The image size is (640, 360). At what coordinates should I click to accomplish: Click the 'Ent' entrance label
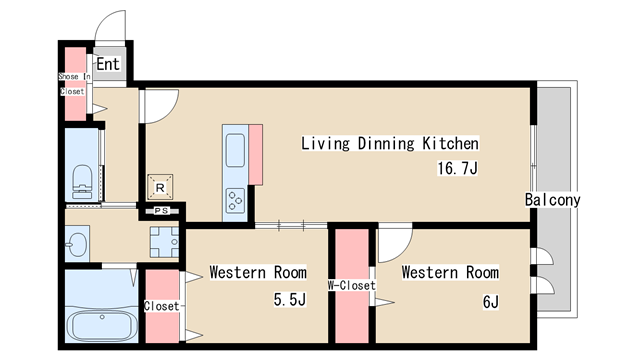(108, 64)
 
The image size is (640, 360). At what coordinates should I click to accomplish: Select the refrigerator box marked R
(160, 187)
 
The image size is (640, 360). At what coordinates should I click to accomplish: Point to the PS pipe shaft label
(162, 211)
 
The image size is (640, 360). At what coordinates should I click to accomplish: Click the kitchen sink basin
(236, 150)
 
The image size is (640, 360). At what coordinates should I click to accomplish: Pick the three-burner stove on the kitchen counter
(236, 200)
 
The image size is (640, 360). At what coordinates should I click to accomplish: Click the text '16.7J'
(458, 168)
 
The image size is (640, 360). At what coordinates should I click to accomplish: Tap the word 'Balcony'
(552, 200)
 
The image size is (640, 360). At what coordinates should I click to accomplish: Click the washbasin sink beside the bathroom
(77, 244)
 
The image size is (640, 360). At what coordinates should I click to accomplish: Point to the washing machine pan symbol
(164, 242)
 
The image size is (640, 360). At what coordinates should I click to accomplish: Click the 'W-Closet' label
(351, 285)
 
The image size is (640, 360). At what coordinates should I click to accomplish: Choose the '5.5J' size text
(290, 300)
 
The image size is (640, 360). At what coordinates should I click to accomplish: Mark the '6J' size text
(491, 302)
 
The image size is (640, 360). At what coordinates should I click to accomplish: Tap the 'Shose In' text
(74, 76)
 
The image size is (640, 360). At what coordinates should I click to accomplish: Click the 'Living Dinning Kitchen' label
(390, 143)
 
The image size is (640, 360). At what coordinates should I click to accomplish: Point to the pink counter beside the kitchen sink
(256, 155)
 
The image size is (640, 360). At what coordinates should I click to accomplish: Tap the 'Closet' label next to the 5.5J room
(162, 306)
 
